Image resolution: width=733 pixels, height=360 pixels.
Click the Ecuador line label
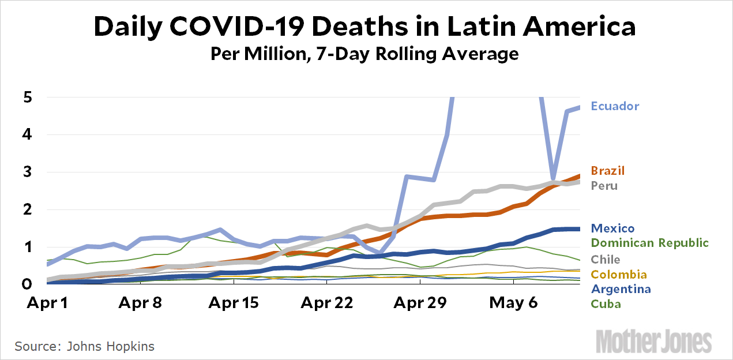tap(615, 106)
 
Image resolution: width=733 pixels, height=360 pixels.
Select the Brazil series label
tap(608, 171)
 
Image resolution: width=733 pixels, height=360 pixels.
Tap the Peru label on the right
tap(604, 186)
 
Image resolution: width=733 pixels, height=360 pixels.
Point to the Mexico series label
tap(612, 228)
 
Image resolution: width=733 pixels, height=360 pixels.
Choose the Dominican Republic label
tap(649, 243)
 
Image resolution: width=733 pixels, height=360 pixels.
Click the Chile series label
tap(606, 260)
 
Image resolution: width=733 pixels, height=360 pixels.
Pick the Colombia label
tap(619, 275)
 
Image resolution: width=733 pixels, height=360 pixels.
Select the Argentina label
tap(621, 289)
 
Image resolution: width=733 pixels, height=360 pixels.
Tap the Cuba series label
tap(606, 304)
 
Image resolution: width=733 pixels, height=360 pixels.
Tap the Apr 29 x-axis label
tap(420, 303)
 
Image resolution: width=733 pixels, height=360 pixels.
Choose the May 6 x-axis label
tap(511, 303)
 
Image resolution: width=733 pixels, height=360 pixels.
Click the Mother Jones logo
tap(653, 340)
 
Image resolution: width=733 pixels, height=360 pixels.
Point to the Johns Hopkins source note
tap(84, 347)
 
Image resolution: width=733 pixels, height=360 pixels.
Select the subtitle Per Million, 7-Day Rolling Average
tap(364, 55)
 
